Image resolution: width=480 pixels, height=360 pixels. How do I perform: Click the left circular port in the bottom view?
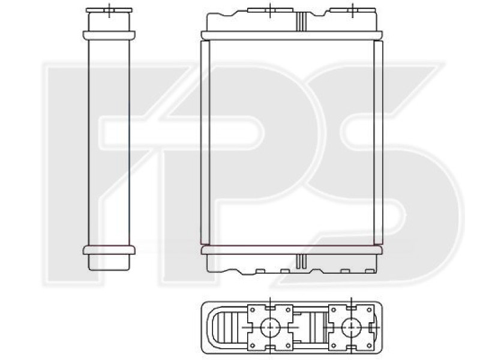coord(270,327)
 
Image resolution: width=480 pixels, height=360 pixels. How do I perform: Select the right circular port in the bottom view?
coord(351,327)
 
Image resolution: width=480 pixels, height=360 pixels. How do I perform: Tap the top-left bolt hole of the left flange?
coord(253,310)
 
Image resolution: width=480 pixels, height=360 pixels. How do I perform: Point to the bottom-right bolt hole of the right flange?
coord(369,346)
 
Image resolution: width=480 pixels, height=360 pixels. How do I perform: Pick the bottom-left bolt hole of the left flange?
coord(253,346)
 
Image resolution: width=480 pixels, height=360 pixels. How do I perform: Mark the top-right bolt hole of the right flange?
coord(369,310)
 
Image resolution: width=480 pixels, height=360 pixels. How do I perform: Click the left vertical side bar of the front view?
coord(205,142)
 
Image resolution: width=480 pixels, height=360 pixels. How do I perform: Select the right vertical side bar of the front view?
coord(379,142)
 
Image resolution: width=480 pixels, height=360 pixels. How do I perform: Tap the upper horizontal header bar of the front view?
coord(292,35)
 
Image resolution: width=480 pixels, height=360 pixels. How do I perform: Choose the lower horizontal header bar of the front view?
coord(292,250)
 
